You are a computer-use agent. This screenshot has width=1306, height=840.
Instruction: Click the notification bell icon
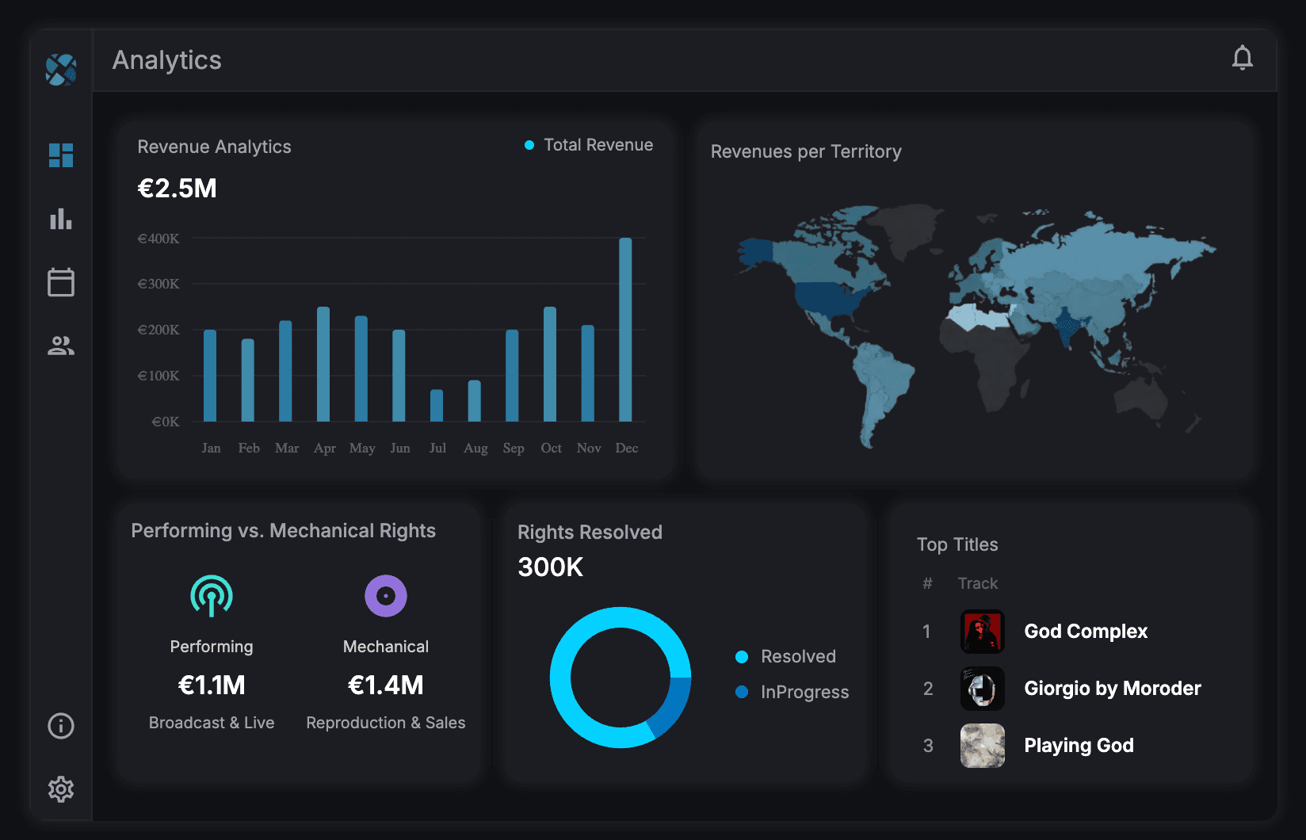(1242, 58)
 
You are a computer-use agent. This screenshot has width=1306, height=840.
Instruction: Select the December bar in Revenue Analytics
(625, 330)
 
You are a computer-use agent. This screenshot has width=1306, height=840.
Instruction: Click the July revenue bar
(437, 405)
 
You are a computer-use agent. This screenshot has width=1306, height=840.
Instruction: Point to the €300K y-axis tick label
(158, 284)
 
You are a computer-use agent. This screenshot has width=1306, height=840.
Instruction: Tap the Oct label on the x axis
(551, 448)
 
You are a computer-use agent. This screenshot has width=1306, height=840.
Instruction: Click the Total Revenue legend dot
(529, 145)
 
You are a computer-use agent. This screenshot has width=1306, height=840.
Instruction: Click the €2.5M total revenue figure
(177, 189)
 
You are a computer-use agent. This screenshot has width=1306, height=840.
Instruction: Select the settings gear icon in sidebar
(61, 788)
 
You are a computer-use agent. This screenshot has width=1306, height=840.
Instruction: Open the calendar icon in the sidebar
(61, 282)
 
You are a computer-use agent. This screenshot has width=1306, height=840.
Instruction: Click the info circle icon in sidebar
(61, 726)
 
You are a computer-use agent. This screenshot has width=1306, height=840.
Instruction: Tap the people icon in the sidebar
(61, 346)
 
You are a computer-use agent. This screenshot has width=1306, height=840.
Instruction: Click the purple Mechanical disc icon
(385, 595)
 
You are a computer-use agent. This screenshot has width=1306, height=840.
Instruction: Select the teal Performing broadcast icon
(212, 595)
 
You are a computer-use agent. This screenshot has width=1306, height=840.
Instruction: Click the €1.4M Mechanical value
(385, 685)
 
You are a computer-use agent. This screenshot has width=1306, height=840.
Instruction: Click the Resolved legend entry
(797, 656)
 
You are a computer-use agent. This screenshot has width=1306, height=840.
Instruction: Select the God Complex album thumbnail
(982, 632)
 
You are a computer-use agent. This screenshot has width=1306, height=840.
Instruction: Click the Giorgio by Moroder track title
(1112, 688)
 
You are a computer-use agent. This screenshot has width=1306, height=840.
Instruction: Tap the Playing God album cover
(982, 746)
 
